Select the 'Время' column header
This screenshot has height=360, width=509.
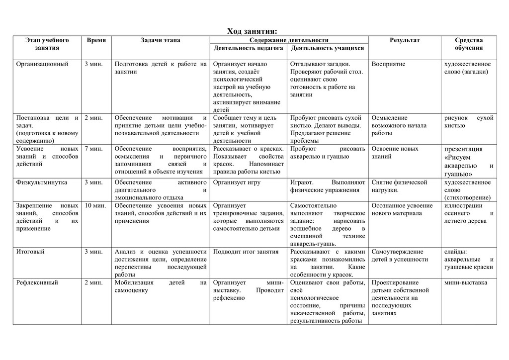click(96, 40)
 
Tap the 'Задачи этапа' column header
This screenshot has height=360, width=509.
click(160, 40)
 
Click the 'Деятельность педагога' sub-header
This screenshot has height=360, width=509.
click(248, 48)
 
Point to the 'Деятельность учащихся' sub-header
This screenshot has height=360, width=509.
click(327, 48)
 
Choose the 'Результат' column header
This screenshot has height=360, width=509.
click(405, 40)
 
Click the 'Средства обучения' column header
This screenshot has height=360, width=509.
click(468, 44)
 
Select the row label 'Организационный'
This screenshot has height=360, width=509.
click(42, 64)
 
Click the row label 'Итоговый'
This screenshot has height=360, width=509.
click(30, 252)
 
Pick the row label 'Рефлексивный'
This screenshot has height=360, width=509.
click(37, 282)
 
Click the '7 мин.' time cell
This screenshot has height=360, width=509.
click(93, 149)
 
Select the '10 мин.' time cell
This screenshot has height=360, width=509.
click(95, 205)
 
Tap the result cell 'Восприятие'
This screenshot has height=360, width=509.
click(388, 64)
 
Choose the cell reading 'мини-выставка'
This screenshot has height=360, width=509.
click(465, 282)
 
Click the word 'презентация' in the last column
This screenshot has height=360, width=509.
click(463, 149)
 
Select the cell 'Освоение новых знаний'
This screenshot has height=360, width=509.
click(395, 152)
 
